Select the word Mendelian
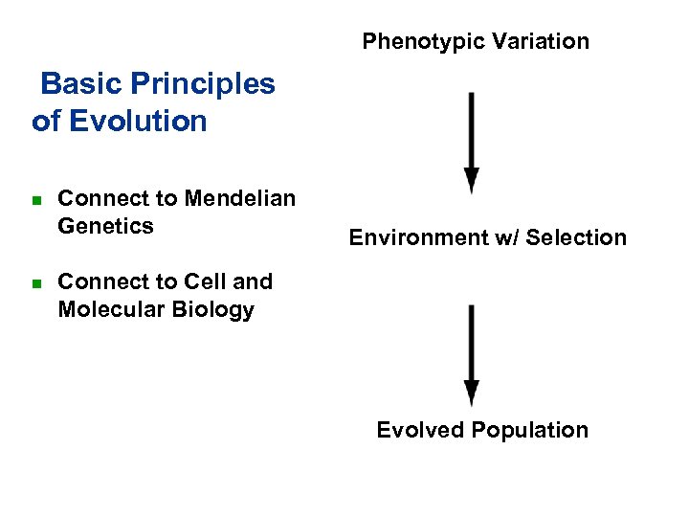coord(240,199)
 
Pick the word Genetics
coord(105,226)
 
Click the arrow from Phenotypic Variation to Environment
coord(471,144)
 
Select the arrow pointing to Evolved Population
coord(471,356)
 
